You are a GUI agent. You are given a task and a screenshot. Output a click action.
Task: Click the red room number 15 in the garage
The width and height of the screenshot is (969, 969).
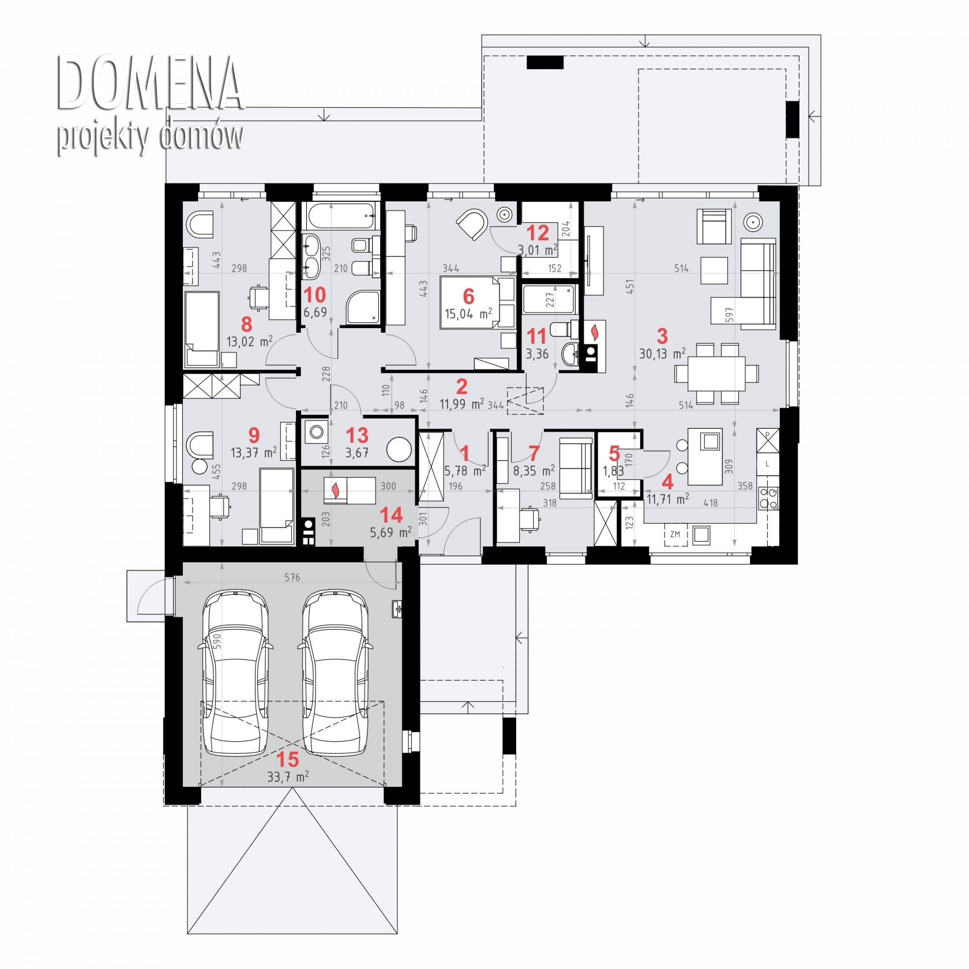pos(287,759)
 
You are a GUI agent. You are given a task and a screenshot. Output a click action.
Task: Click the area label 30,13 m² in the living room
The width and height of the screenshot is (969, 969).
pos(662,353)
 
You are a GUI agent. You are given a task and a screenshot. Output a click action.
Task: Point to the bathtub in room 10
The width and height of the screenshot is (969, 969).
pos(340,216)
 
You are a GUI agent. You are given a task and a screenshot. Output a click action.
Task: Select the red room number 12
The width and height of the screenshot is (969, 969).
pos(538,234)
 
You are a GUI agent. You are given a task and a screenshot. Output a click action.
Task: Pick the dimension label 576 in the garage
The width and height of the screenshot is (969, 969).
pos(292,577)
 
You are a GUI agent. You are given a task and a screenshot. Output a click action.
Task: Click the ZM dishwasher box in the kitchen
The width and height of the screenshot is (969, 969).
pos(675,535)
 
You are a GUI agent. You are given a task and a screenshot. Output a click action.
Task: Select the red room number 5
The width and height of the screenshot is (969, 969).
pos(614,454)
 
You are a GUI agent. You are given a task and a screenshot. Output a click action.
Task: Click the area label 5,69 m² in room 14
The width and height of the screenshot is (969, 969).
pos(390,532)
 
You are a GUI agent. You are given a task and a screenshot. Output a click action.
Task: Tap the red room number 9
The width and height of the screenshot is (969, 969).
pos(254,435)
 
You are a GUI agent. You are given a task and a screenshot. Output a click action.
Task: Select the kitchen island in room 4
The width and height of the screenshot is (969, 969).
pos(704,457)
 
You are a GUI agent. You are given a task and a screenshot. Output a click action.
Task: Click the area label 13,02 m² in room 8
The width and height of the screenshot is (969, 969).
pos(249,341)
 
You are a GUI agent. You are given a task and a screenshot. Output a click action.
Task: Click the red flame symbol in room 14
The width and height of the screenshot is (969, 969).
pos(335,491)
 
